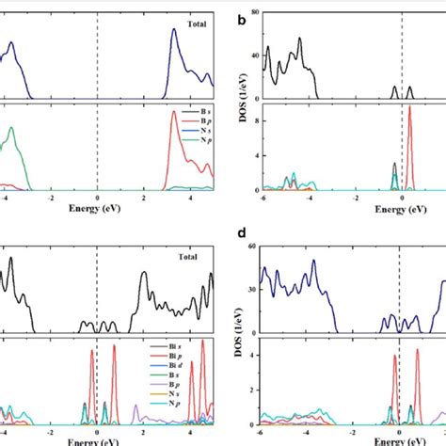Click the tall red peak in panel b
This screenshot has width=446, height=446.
[x=409, y=108]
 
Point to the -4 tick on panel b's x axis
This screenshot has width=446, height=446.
[x=308, y=199]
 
